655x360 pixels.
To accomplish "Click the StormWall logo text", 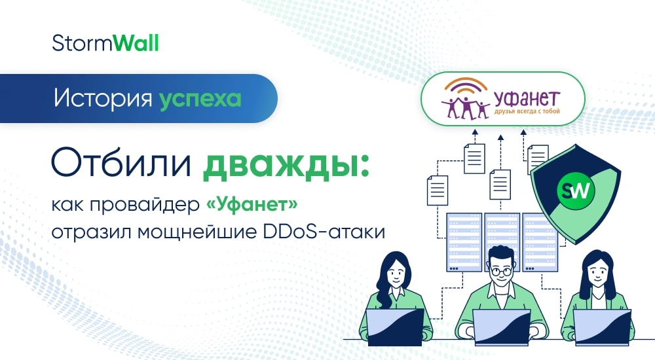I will (x=105, y=44).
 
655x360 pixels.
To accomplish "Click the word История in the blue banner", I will (x=103, y=99).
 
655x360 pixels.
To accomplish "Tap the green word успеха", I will (x=200, y=99).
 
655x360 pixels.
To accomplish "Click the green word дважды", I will (x=282, y=163).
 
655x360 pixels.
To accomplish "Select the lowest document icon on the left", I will (x=437, y=189).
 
